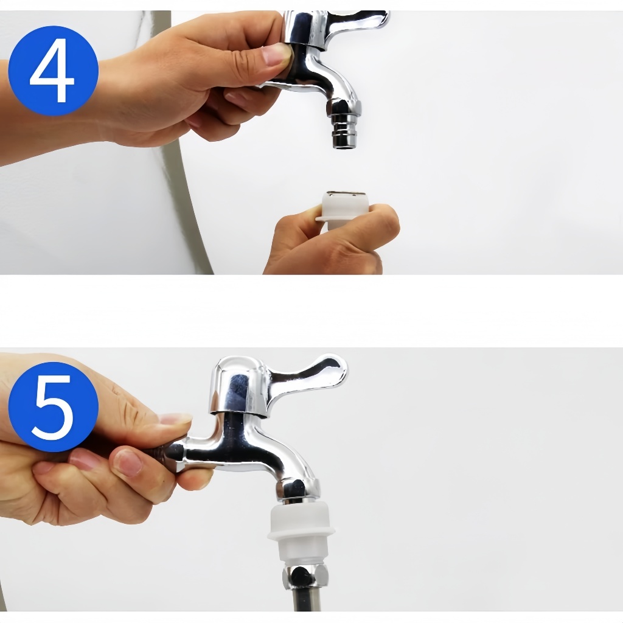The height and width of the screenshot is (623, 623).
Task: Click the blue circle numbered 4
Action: click(54, 71)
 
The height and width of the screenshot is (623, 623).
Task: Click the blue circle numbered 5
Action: click(54, 406)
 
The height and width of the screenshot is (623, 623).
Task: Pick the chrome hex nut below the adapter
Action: click(305, 579)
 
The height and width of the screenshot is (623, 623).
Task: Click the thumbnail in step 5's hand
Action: click(175, 419)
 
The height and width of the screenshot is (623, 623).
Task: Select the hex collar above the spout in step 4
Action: click(343, 107)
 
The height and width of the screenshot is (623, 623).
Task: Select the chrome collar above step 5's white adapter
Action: click(298, 491)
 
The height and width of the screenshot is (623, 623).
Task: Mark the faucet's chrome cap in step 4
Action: click(306, 28)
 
